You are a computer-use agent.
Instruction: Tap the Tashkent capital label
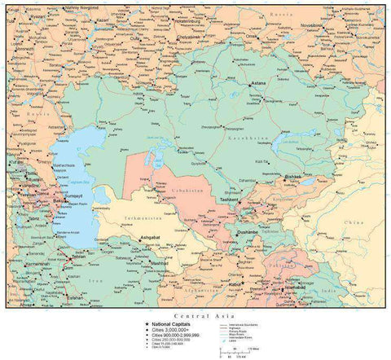(227, 200)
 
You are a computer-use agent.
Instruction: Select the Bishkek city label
(294, 177)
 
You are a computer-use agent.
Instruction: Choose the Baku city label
(57, 199)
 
